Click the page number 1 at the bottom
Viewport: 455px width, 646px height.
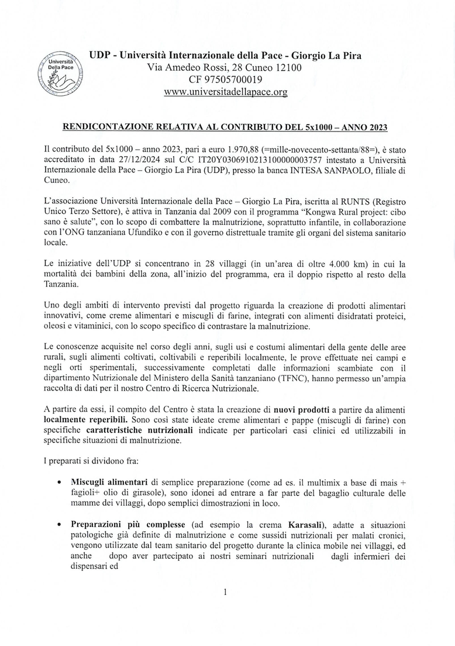pyautogui.click(x=225, y=591)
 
